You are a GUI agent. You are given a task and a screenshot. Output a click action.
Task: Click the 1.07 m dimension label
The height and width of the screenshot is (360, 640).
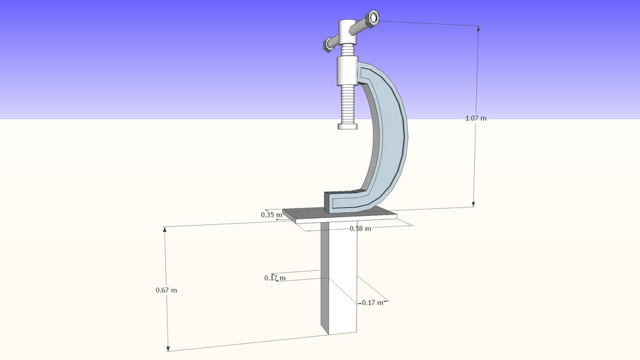[x=475, y=118]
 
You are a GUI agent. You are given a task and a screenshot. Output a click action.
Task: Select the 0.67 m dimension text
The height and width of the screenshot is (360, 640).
[x=166, y=290]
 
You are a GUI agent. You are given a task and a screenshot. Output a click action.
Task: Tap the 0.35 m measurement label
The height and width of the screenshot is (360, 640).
[x=271, y=214]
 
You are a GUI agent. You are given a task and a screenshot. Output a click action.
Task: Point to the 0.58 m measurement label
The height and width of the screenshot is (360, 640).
[x=360, y=229]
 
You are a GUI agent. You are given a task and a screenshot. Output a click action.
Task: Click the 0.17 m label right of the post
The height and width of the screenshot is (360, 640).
[x=372, y=302]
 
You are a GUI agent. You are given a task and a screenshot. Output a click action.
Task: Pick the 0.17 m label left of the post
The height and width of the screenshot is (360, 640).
[x=275, y=278]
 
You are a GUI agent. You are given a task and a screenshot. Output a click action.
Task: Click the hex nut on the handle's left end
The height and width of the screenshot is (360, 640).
[x=328, y=45]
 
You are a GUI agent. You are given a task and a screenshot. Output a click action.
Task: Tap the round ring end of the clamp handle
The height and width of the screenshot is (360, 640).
[x=372, y=18]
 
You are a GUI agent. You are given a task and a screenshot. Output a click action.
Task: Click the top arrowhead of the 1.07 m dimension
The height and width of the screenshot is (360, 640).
[x=480, y=28]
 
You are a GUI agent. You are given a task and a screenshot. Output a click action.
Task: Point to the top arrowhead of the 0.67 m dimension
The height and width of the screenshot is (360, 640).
[x=165, y=229]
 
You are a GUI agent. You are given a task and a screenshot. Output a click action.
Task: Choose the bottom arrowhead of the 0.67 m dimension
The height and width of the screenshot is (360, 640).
[x=168, y=348]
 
